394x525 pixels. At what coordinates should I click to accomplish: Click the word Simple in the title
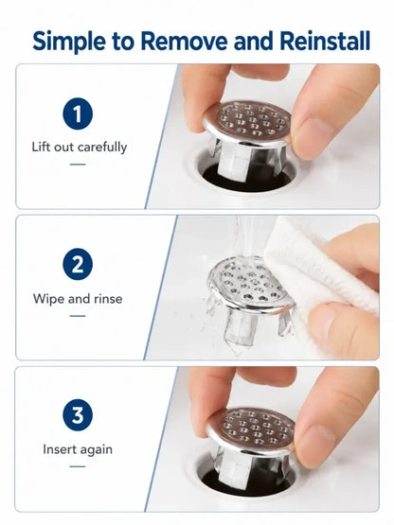[69, 42]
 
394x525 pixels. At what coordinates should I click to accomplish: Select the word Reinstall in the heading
[324, 41]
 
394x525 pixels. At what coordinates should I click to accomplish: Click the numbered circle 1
[78, 114]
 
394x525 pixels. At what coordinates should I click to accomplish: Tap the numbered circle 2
[78, 264]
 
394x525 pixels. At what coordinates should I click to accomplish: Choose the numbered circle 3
[78, 415]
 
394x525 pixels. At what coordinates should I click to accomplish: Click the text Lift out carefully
[80, 148]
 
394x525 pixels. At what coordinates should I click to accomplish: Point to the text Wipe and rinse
[78, 298]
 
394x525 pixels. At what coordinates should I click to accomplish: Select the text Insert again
[78, 449]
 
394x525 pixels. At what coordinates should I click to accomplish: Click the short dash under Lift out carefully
[78, 165]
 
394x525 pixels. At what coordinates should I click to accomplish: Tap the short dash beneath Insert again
[78, 466]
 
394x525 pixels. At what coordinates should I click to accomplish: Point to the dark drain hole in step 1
[247, 178]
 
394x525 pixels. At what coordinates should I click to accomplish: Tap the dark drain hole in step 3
[247, 482]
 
